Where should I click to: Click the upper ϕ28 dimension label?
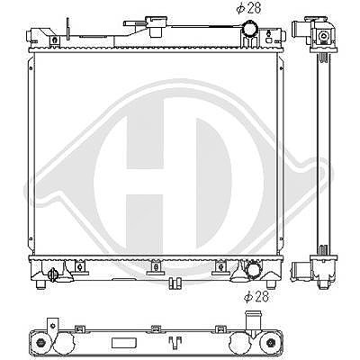click(248, 8)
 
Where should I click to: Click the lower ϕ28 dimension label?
click(256, 297)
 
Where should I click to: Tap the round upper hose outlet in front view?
click(250, 29)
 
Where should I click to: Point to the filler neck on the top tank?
click(156, 26)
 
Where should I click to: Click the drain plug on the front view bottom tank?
click(53, 274)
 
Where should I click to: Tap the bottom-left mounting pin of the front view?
click(40, 284)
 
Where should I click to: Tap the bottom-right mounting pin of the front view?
click(271, 284)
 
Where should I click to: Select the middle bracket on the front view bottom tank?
click(156, 267)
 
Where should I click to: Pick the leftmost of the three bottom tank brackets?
click(79, 267)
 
